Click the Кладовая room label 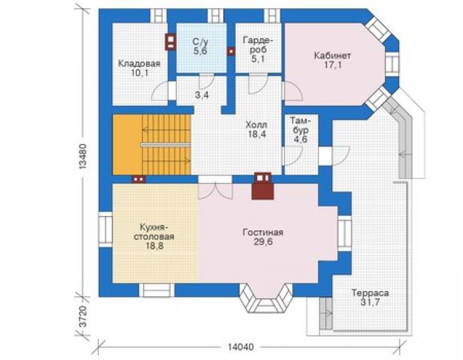[x=139, y=63]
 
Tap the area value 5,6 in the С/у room [x=200, y=51]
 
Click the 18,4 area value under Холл [x=257, y=134]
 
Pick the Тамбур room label [x=300, y=126]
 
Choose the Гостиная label [x=263, y=232]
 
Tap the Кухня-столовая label [x=154, y=232]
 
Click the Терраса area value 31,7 [x=370, y=302]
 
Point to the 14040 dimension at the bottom [x=241, y=347]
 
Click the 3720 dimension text [x=83, y=317]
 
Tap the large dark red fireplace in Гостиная [x=263, y=185]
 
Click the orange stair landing [x=128, y=145]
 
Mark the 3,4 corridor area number [x=202, y=95]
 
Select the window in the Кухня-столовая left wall [x=105, y=229]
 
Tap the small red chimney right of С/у [x=231, y=51]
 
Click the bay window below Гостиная [x=266, y=298]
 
